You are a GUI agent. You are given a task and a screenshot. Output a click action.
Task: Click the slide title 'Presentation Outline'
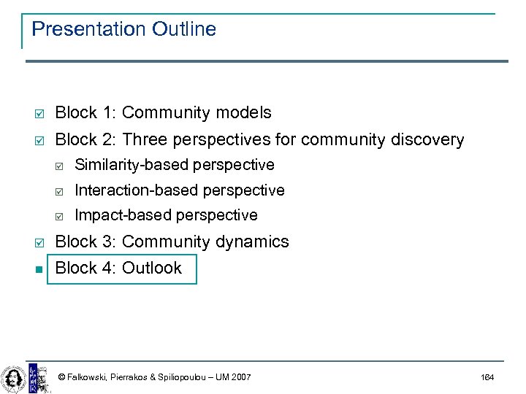124,29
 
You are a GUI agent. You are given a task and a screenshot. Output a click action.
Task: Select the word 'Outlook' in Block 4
152,268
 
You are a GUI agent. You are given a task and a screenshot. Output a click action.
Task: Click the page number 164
487,377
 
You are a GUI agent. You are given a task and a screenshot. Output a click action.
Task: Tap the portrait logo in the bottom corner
12,376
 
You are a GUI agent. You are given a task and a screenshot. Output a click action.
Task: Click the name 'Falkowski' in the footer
87,377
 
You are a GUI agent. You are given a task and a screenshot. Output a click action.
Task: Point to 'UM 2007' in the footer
234,377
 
